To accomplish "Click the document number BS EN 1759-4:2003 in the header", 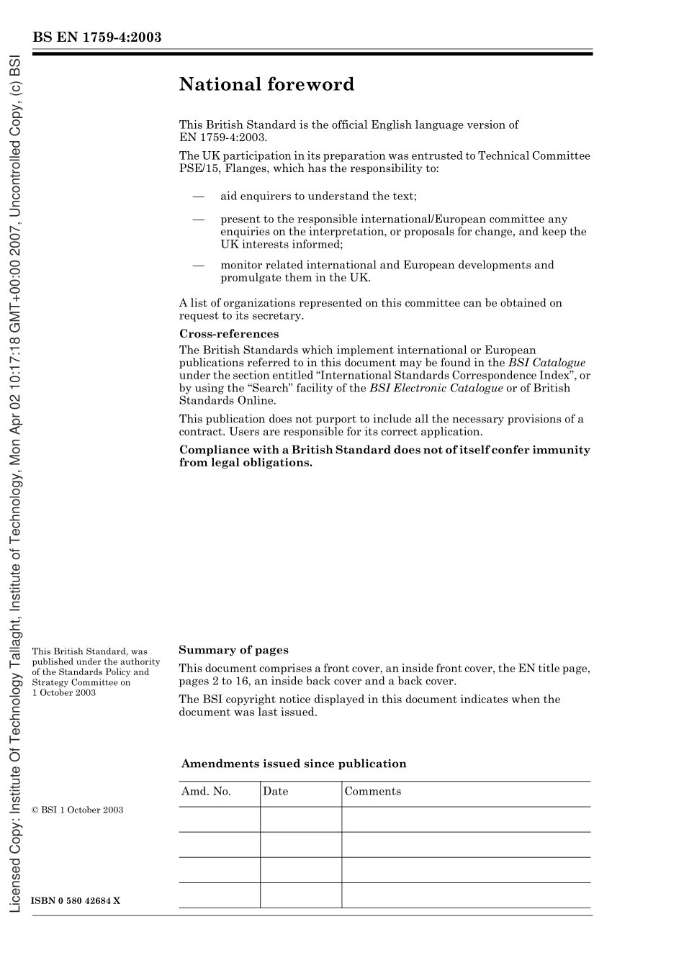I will pyautogui.click(x=96, y=37).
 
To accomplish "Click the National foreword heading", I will pyautogui.click(x=266, y=85).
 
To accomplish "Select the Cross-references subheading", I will pyautogui.click(x=228, y=334).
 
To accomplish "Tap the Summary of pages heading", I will pyautogui.click(x=233, y=650).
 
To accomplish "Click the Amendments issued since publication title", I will pyautogui.click(x=294, y=764).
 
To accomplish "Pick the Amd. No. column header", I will pyautogui.click(x=206, y=792).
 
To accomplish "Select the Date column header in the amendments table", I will pyautogui.click(x=275, y=792).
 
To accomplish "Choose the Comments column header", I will pyautogui.click(x=372, y=792).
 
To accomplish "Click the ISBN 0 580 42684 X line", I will pyautogui.click(x=76, y=901).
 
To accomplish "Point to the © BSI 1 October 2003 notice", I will pyautogui.click(x=78, y=810).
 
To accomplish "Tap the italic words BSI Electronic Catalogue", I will pyautogui.click(x=436, y=388).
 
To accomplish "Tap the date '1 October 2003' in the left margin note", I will pyautogui.click(x=64, y=692).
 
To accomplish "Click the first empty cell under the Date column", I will pyautogui.click(x=300, y=819).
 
